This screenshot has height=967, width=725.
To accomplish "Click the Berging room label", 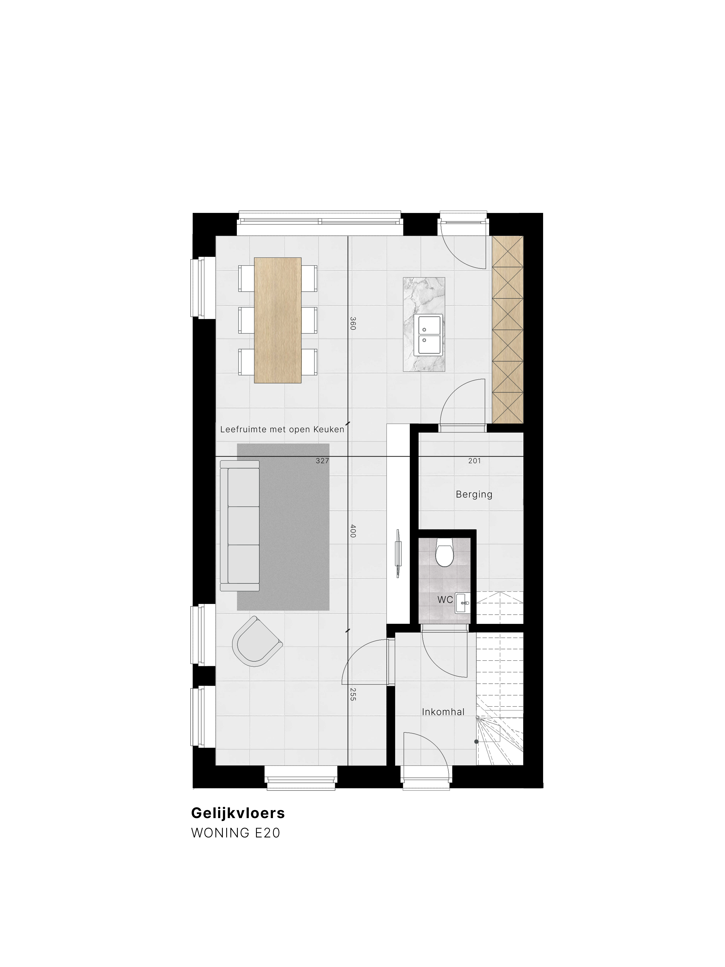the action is click(474, 494).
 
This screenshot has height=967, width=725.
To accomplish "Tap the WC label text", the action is click(445, 600).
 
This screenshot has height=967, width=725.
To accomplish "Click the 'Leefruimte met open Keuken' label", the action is click(282, 429).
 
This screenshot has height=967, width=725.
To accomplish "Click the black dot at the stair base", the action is click(476, 741).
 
